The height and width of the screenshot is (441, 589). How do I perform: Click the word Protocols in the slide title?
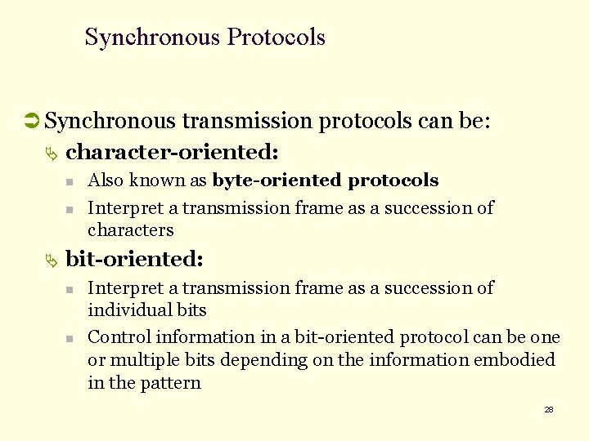[x=277, y=38]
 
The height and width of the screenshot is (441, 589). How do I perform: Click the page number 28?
[x=549, y=409]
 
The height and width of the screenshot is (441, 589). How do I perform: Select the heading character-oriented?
[x=173, y=152]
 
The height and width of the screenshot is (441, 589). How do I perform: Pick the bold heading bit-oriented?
[x=134, y=259]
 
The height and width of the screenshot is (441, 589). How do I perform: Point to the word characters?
[x=131, y=230]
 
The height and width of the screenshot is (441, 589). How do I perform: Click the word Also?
[x=105, y=180]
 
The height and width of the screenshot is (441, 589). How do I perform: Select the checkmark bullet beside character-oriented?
[x=52, y=154]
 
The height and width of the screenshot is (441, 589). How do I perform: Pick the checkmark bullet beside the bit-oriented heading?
[x=52, y=261]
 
